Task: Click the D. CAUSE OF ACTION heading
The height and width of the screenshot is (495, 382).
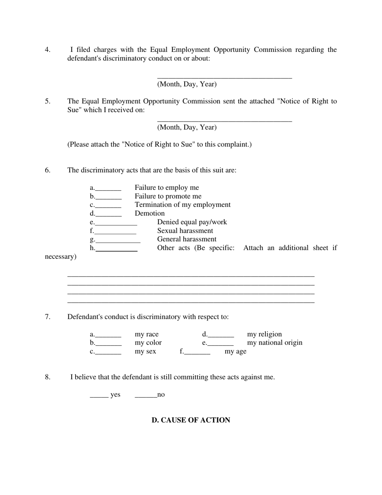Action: pos(191,420)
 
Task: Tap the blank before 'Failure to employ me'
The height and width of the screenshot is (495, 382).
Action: pos(108,188)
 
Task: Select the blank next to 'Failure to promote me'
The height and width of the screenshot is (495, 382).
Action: pos(109,197)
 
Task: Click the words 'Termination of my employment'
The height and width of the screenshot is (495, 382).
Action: pos(183,204)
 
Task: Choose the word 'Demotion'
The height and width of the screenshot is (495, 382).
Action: pos(150,213)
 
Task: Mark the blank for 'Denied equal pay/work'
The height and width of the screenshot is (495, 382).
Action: pos(116,223)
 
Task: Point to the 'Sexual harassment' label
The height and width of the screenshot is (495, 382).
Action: pos(185,231)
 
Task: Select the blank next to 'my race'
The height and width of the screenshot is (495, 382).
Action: pos(108,335)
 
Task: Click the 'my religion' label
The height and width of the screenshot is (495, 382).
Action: pos(264,334)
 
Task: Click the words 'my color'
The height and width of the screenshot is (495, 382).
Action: pos(148,342)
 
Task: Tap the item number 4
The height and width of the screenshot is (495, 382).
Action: pos(47,50)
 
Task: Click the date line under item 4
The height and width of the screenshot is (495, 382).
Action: pos(224,76)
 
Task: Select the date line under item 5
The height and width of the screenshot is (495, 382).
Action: pos(224,120)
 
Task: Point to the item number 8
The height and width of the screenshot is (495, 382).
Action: pos(47,377)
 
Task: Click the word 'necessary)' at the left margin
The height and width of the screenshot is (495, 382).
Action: pos(60,256)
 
